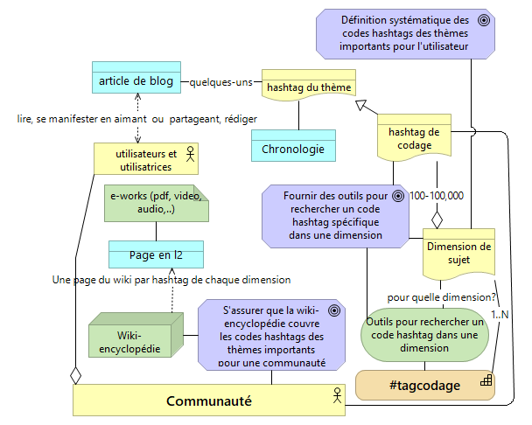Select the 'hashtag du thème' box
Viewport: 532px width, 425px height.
point(308,87)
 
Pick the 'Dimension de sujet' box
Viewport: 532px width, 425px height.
point(458,252)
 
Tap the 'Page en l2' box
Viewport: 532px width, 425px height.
point(156,254)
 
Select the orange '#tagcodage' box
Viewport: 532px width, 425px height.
point(423,386)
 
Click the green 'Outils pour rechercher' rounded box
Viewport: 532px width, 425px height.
point(423,333)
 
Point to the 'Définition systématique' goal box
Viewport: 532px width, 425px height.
point(405,33)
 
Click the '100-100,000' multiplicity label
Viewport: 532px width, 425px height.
point(437,195)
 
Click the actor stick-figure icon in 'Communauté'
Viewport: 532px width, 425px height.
point(334,395)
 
